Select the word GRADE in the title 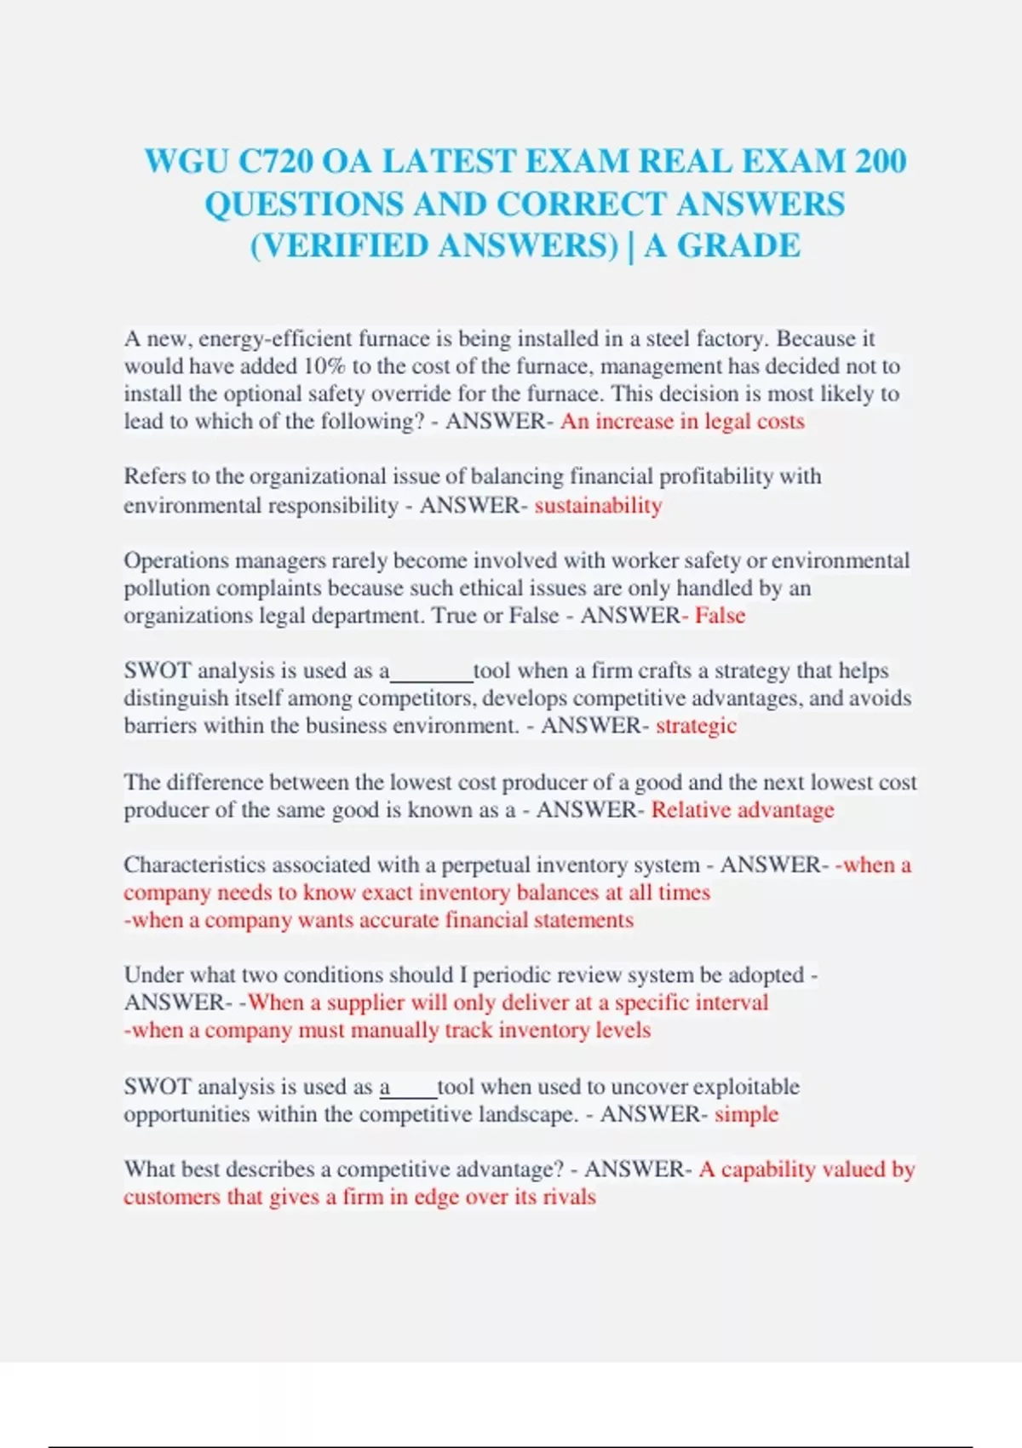[738, 245]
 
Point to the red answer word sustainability [598, 505]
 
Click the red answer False [720, 615]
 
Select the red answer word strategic [696, 726]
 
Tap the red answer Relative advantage [743, 809]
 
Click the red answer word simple [746, 1114]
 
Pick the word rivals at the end [572, 1197]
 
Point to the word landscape [526, 1114]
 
